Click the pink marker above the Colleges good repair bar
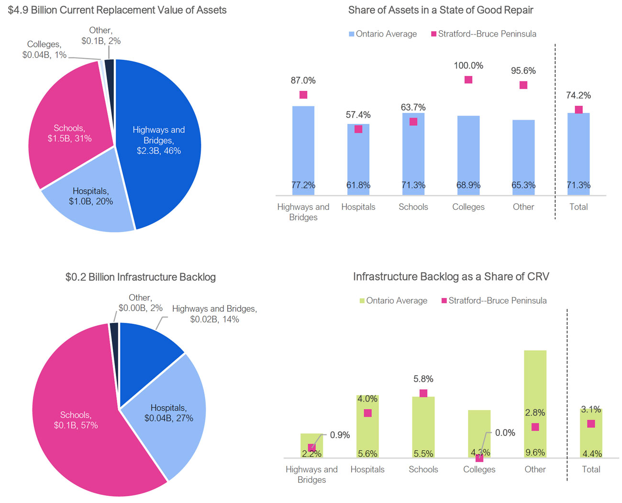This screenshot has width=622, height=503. click(468, 80)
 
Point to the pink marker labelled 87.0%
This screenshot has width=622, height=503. click(303, 95)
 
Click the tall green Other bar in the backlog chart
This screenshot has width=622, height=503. click(535, 383)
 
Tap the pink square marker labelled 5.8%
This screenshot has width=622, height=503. click(423, 393)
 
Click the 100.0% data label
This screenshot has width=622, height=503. click(468, 66)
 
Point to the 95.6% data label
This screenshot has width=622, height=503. click(523, 71)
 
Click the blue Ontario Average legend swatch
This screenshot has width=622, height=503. click(352, 34)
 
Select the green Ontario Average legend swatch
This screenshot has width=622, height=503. click(362, 301)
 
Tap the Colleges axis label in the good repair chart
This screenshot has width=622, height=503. click(468, 207)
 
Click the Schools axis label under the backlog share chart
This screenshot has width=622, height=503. click(423, 469)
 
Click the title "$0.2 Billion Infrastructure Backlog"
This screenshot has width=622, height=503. click(141, 277)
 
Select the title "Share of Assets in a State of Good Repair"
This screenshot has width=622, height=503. click(441, 10)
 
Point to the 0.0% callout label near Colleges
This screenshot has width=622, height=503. click(505, 433)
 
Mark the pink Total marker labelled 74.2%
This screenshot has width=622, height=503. click(578, 110)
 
